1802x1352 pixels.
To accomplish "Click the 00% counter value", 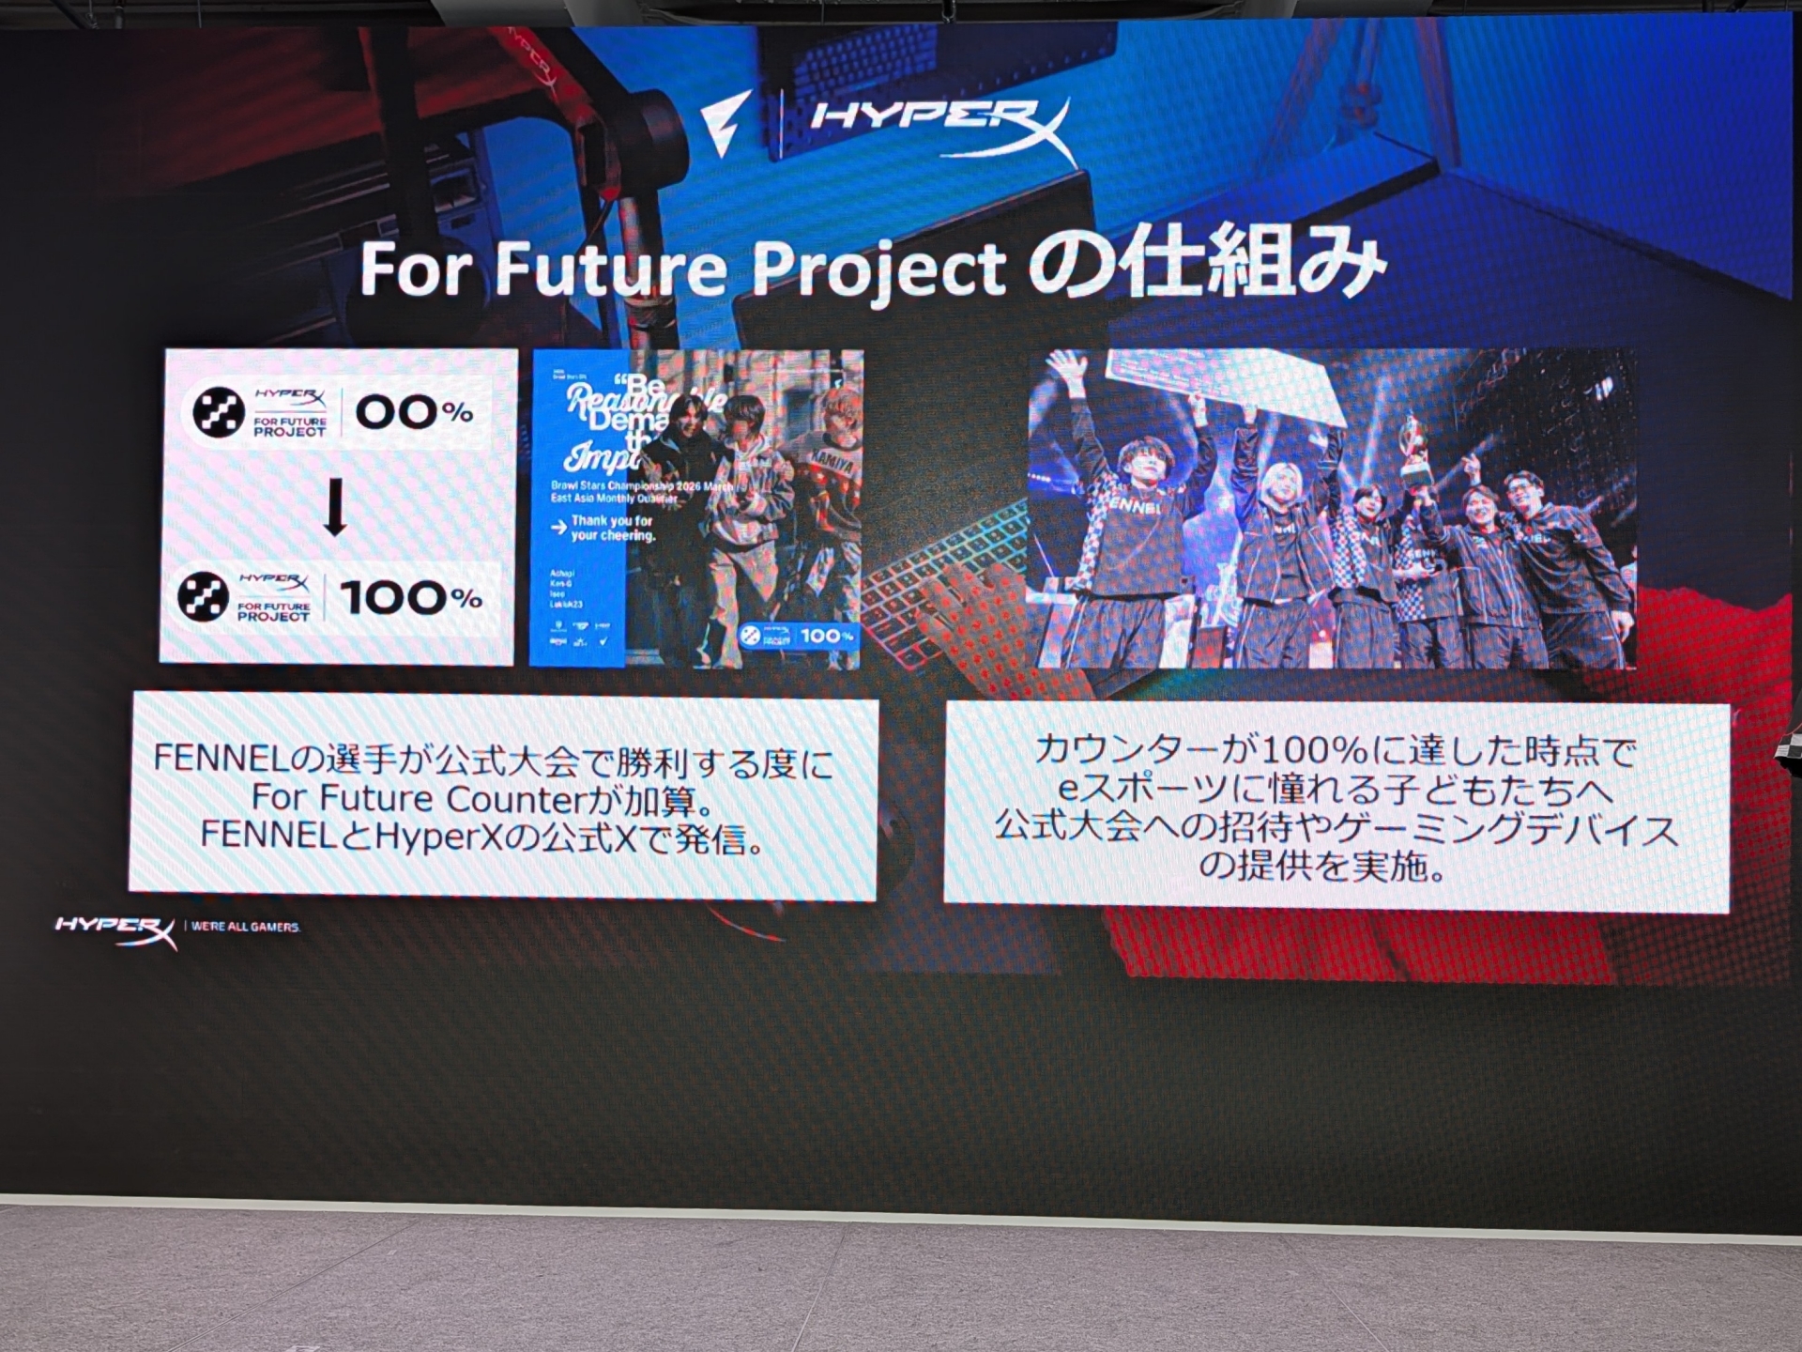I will [x=413, y=411].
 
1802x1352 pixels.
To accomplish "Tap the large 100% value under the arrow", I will [x=410, y=597].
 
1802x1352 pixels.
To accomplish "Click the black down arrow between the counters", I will [x=335, y=506].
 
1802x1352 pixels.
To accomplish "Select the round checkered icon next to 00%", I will [x=219, y=411].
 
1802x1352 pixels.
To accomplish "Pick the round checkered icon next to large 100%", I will [x=204, y=597].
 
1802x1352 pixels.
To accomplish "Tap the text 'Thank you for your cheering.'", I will [x=610, y=528].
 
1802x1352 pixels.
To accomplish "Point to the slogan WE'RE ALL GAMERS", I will [x=245, y=927].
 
